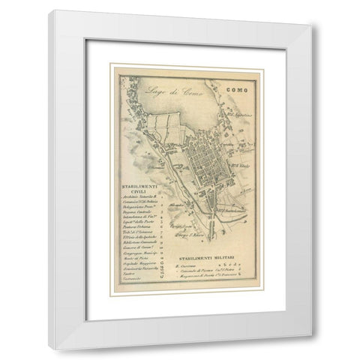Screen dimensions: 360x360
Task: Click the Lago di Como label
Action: pyautogui.click(x=154, y=94)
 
